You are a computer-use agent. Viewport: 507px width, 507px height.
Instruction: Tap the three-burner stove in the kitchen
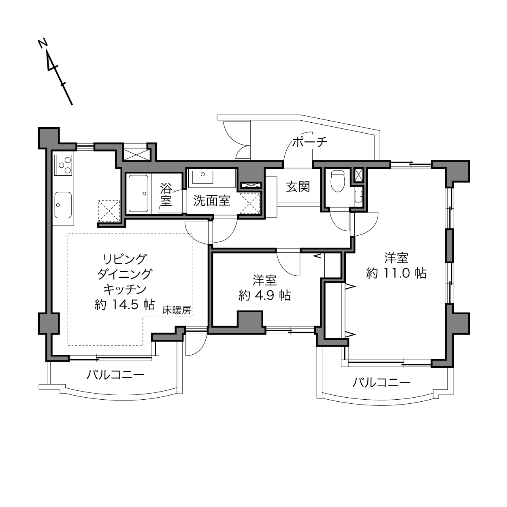point(63,165)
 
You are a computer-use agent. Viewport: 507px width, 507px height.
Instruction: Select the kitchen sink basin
point(63,205)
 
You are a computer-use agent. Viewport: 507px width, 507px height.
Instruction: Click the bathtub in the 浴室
point(138,194)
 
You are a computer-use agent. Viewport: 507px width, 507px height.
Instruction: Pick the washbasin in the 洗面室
point(202,177)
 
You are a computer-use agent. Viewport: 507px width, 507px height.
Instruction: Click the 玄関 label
point(298,187)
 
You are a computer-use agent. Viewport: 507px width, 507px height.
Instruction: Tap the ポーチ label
point(310,142)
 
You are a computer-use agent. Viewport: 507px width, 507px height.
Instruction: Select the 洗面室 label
point(212,201)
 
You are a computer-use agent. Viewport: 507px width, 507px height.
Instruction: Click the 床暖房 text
point(177,311)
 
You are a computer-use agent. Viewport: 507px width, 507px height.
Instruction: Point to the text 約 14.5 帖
point(125,305)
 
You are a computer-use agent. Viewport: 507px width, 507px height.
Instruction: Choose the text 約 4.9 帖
point(265,296)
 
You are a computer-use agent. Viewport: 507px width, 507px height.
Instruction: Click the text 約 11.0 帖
point(396,273)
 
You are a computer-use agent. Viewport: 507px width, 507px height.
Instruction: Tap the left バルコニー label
point(115,375)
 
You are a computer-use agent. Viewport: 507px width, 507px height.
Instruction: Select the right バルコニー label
point(381,383)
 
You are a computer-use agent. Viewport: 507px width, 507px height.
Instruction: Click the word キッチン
point(125,290)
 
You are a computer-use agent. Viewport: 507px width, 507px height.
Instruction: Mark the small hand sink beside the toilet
point(358,196)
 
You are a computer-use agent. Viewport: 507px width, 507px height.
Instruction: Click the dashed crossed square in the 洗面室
point(250,204)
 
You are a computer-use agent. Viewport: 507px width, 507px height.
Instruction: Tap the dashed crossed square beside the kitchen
point(109,211)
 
